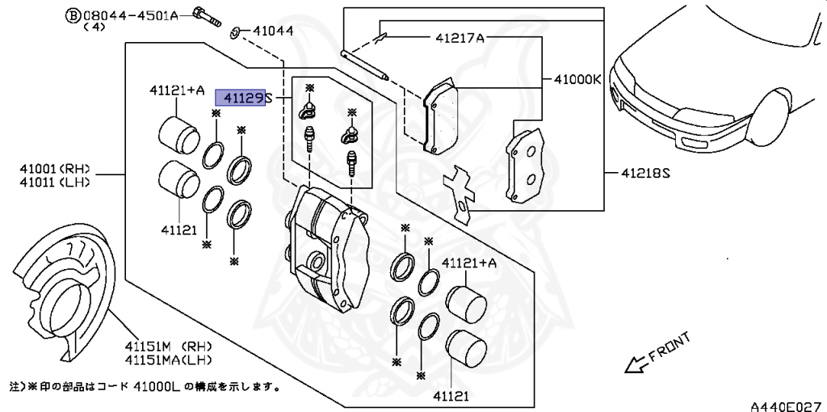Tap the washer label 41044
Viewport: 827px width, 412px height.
pyautogui.click(x=273, y=32)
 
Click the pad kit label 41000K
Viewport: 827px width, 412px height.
pyautogui.click(x=577, y=80)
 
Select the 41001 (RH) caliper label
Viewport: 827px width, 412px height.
pyautogui.click(x=55, y=170)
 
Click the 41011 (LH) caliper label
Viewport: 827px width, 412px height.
pyautogui.click(x=55, y=182)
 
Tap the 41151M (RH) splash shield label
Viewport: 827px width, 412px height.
pyautogui.click(x=168, y=347)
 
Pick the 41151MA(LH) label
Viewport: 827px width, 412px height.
pyautogui.click(x=168, y=359)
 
